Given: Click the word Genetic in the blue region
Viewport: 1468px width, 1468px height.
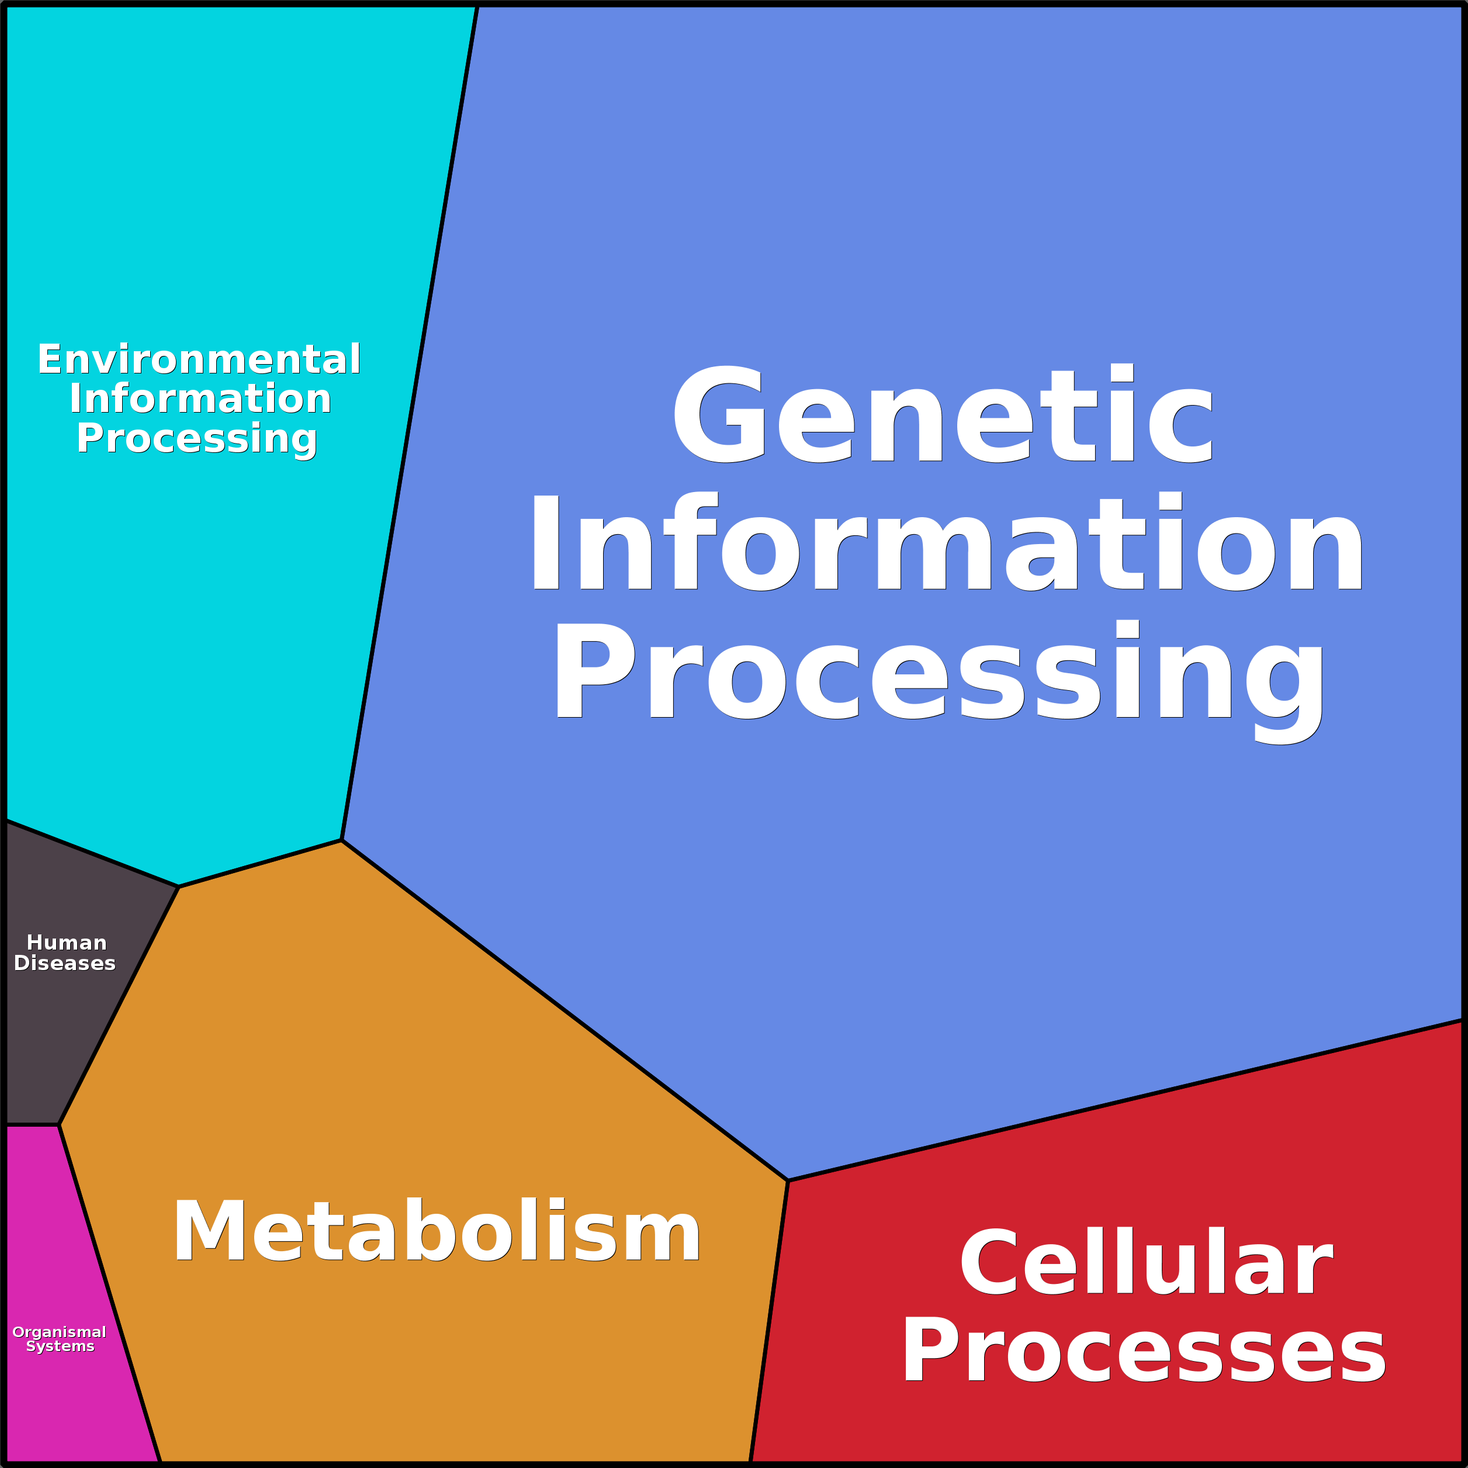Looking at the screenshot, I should coord(942,414).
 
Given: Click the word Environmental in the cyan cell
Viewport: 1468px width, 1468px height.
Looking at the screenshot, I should coord(199,359).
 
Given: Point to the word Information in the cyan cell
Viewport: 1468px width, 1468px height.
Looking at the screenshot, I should coord(200,399).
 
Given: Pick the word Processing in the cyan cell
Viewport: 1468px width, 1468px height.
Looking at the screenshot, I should coord(197,439).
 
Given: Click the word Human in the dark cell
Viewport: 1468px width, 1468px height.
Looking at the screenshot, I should coord(67,943).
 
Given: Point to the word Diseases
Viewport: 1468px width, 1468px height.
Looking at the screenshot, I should coord(65,964).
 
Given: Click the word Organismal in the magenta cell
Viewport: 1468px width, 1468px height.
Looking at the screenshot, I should coord(59,1332).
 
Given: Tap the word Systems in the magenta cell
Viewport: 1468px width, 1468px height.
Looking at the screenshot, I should coord(60,1346).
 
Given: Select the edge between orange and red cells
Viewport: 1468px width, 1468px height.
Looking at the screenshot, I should coord(769,1322).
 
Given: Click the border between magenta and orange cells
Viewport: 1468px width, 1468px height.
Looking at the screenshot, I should coord(110,1296).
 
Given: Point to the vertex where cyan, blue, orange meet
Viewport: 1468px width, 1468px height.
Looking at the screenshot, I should coord(342,840).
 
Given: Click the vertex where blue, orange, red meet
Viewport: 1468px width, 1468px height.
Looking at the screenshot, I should coord(788,1181).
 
